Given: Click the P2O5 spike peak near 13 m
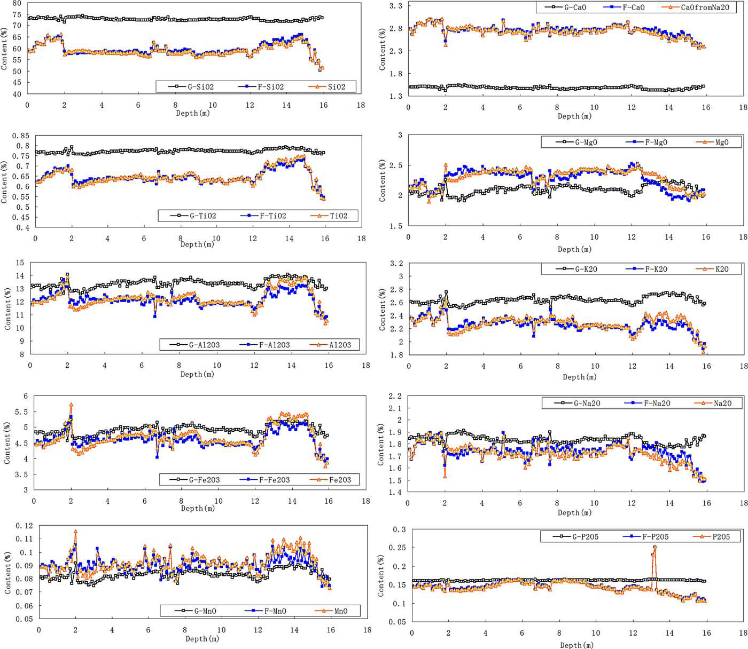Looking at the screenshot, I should pos(654,547).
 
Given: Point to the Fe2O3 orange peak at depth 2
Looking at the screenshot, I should pos(71,405).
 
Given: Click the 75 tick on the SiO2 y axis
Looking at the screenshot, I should pos(17,15).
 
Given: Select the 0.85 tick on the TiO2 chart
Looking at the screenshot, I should pos(20,136).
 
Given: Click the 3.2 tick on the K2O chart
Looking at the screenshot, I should pos(396,264).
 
